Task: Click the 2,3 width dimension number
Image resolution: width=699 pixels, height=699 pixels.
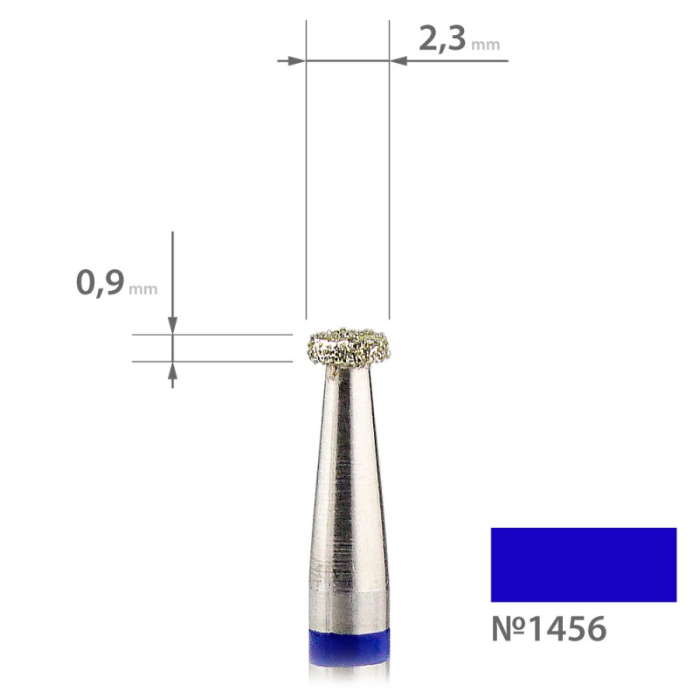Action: pyautogui.click(x=442, y=39)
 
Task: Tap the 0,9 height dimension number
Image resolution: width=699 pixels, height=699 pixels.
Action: pyautogui.click(x=100, y=282)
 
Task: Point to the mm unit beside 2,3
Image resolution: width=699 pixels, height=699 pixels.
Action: pyautogui.click(x=486, y=45)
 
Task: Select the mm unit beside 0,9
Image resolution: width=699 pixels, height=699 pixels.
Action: pyautogui.click(x=142, y=289)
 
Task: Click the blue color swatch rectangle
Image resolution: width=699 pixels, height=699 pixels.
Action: pyautogui.click(x=584, y=564)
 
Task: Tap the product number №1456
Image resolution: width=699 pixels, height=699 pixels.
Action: pyautogui.click(x=549, y=628)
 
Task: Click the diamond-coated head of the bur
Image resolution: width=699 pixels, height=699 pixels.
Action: pyautogui.click(x=349, y=348)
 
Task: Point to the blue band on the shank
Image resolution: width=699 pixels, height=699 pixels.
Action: pyautogui.click(x=349, y=647)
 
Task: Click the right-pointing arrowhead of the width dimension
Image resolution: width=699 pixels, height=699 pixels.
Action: pyautogui.click(x=292, y=60)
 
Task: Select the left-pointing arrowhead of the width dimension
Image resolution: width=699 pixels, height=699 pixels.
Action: pyautogui.click(x=404, y=60)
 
